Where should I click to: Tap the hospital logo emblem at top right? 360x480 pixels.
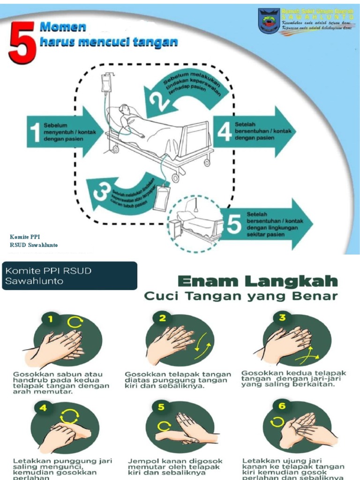click(x=269, y=21)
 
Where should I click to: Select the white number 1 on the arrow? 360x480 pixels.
click(x=34, y=132)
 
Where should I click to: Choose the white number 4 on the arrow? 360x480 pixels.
click(x=225, y=132)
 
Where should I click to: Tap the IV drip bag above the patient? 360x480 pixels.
click(x=107, y=83)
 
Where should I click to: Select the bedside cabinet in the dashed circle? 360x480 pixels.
click(x=175, y=227)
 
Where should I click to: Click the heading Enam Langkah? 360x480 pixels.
click(x=258, y=281)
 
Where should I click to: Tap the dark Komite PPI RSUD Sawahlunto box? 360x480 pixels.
click(x=69, y=276)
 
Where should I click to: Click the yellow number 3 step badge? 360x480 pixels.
click(x=282, y=317)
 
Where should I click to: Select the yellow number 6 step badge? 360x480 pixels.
click(x=282, y=406)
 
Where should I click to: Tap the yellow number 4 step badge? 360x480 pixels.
click(x=43, y=408)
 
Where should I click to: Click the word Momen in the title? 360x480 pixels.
click(x=62, y=27)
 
